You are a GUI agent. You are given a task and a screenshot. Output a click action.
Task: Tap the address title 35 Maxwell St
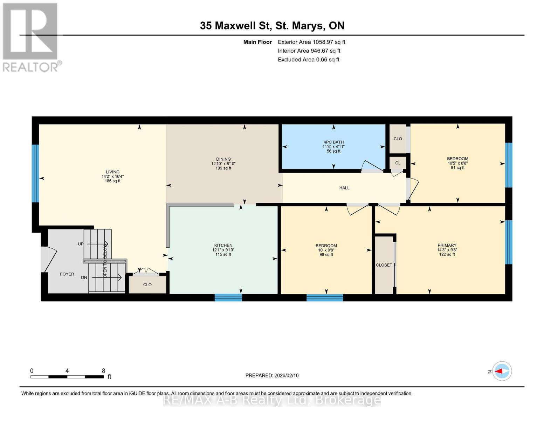272,26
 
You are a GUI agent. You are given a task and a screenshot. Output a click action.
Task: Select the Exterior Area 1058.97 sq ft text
311,42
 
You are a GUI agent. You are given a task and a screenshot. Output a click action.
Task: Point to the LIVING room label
112,172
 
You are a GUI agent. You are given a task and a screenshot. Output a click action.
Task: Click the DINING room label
223,159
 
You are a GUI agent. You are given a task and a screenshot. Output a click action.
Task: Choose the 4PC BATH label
333,142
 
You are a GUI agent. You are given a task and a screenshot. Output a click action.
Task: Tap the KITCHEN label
223,246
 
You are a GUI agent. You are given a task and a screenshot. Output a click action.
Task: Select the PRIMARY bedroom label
447,246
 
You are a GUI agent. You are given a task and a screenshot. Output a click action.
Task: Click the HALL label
344,188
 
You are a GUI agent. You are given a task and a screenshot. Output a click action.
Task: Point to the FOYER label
67,274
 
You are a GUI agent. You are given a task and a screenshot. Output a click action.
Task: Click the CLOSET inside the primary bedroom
384,265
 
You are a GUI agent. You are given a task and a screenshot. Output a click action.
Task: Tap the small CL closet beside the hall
398,163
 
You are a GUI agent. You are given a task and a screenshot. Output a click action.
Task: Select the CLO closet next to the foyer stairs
147,285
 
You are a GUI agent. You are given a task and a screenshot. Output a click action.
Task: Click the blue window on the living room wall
35,174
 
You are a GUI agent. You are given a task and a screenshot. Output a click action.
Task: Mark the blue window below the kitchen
228,298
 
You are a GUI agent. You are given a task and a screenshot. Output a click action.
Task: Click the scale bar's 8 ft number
103,371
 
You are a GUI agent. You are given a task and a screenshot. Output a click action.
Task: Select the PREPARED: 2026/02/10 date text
272,375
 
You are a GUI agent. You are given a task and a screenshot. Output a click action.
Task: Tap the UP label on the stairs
81,244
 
